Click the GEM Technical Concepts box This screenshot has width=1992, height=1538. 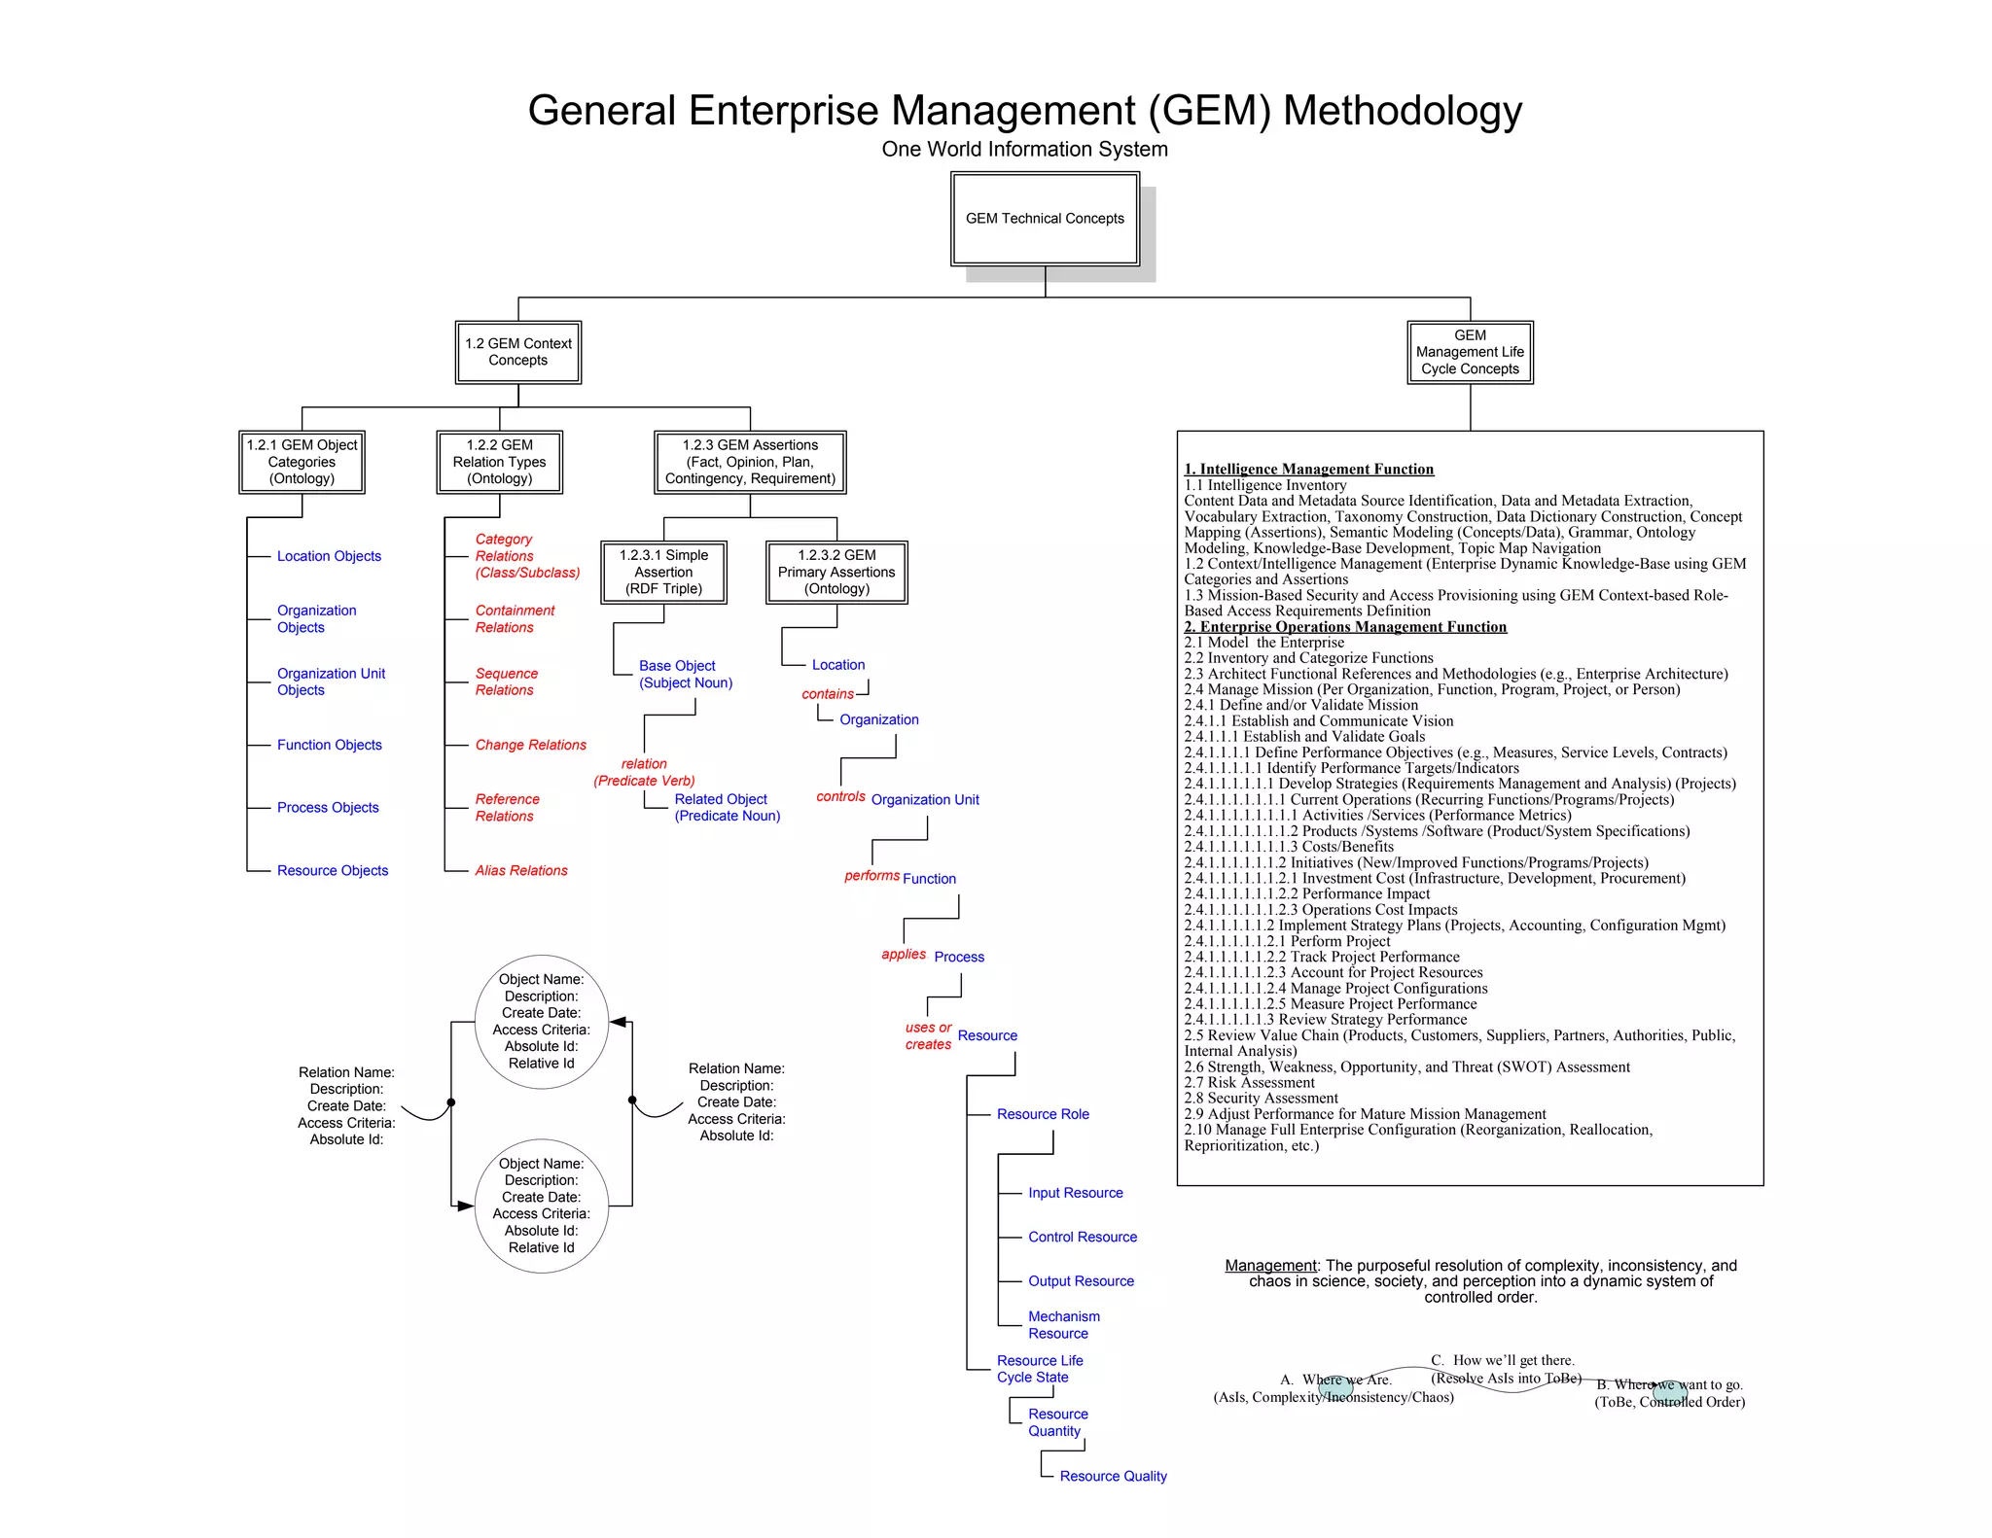pyautogui.click(x=1045, y=219)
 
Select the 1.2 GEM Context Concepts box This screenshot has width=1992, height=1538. pyautogui.click(x=518, y=352)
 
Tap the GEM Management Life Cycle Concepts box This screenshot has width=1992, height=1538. pyautogui.click(x=1470, y=352)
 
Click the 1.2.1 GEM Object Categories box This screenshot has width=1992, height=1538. pyautogui.click(x=302, y=462)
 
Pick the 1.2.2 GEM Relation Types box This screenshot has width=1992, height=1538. pyautogui.click(x=500, y=462)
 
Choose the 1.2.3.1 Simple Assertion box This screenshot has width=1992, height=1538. pyautogui.click(x=664, y=572)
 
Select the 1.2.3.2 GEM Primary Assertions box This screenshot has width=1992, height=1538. pyautogui.click(x=836, y=572)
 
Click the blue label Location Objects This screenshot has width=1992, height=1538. pyautogui.click(x=329, y=556)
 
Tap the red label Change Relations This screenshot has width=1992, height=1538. pyautogui.click(x=530, y=745)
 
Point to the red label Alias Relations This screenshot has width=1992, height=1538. pyautogui.click(x=521, y=870)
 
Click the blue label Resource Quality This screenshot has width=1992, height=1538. pyautogui.click(x=1113, y=1476)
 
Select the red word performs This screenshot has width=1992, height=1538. pyautogui.click(x=871, y=875)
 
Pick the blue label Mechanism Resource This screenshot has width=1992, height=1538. pyautogui.click(x=1064, y=1325)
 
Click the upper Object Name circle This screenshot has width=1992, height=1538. pyautogui.click(x=542, y=1021)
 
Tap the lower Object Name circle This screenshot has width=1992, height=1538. pyautogui.click(x=542, y=1206)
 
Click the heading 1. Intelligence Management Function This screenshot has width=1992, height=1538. pyautogui.click(x=1308, y=470)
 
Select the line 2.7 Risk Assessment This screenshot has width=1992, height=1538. pyautogui.click(x=1249, y=1082)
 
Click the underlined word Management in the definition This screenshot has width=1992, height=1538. pyautogui.click(x=1270, y=1266)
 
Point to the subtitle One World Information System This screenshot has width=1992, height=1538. pyautogui.click(x=1024, y=149)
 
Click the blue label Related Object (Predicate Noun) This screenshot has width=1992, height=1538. pyautogui.click(x=727, y=807)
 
